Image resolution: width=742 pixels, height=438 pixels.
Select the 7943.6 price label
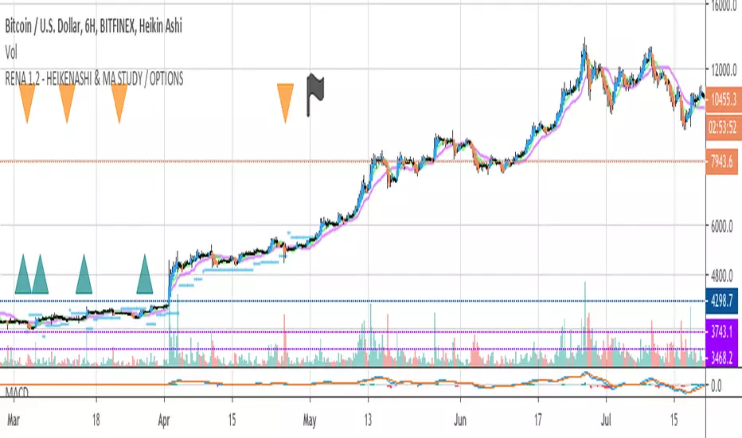click(723, 161)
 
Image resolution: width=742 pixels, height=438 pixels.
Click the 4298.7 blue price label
click(723, 301)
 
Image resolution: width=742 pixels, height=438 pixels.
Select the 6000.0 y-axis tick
click(724, 226)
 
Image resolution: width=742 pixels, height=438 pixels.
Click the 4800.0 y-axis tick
click(724, 276)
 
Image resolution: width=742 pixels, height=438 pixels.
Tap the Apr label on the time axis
click(165, 416)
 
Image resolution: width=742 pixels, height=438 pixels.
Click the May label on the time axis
click(310, 416)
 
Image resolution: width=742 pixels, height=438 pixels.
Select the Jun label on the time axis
click(458, 416)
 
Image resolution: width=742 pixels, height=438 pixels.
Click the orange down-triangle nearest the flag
click(284, 102)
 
